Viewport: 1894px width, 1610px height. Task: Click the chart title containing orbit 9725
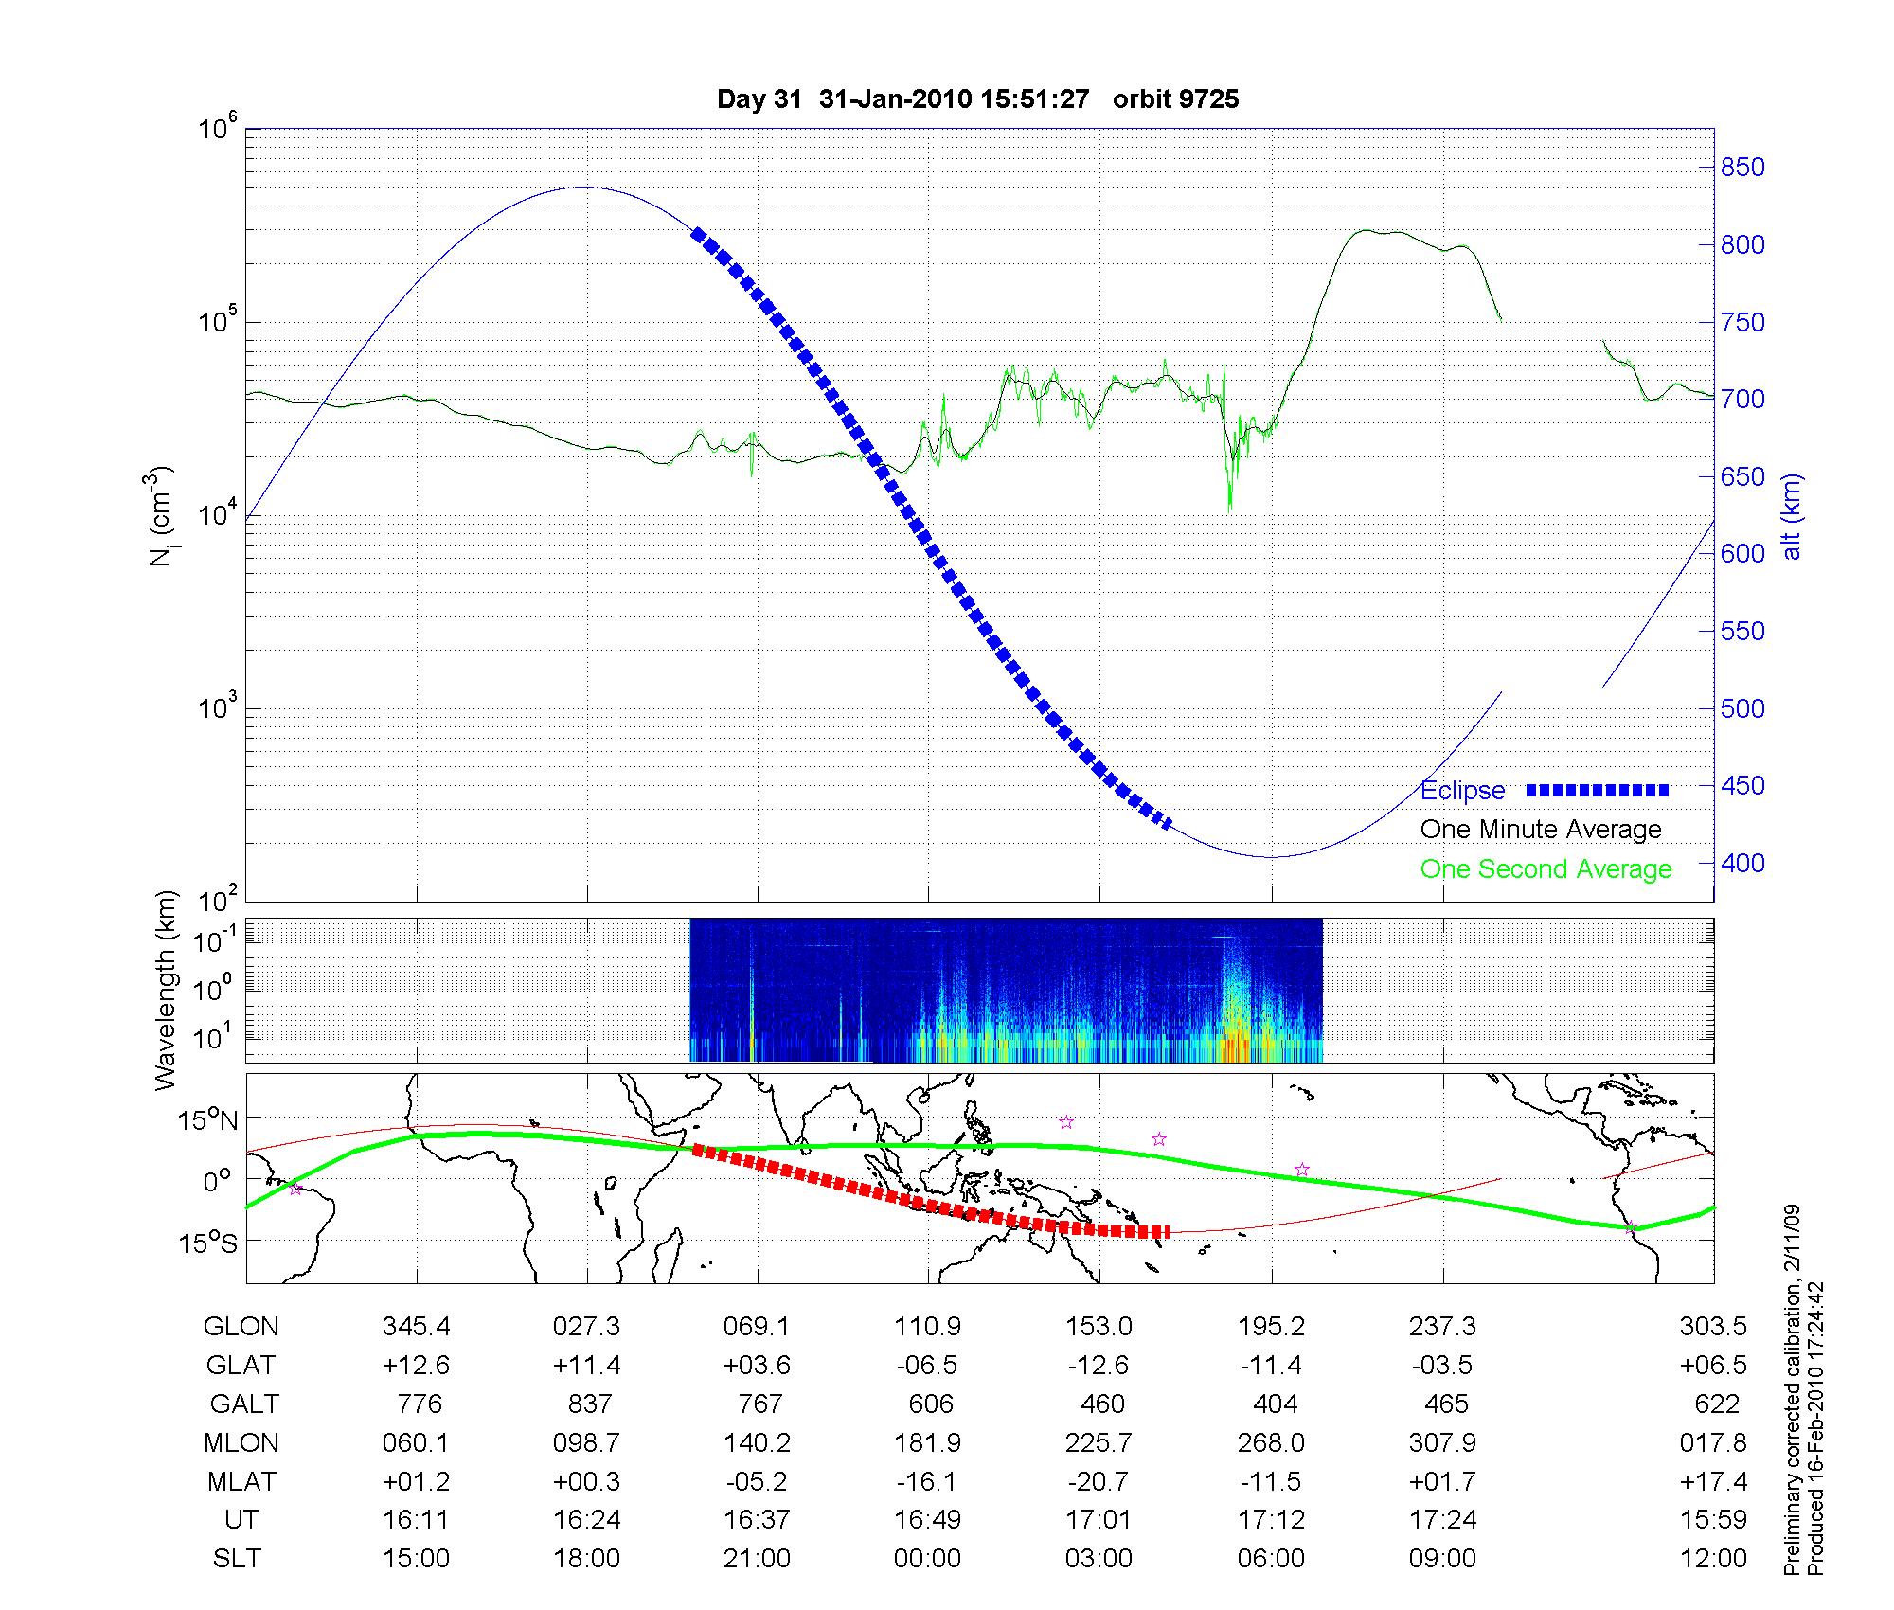point(977,99)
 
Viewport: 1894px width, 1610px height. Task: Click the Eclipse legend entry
point(1462,791)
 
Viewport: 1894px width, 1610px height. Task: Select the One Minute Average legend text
point(1541,830)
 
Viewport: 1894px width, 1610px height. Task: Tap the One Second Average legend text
point(1546,869)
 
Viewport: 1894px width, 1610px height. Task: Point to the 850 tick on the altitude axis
point(1742,168)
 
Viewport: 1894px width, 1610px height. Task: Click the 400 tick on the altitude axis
point(1742,863)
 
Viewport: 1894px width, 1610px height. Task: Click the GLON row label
point(241,1327)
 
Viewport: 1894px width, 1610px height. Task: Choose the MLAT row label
point(241,1481)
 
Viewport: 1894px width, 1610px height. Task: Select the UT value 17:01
point(1099,1520)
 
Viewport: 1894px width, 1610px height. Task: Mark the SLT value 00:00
point(927,1559)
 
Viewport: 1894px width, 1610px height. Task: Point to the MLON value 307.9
point(1442,1443)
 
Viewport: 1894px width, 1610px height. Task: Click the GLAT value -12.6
point(1099,1366)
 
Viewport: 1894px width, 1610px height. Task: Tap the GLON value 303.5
point(1713,1327)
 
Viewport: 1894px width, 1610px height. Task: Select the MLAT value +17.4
point(1713,1481)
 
